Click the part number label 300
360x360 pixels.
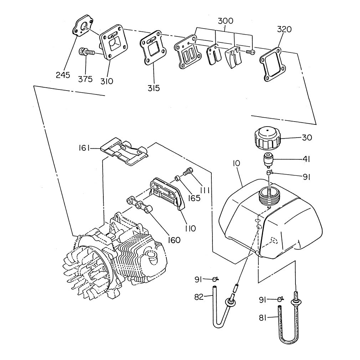[225, 21]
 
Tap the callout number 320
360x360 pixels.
[284, 29]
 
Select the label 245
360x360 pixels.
[63, 74]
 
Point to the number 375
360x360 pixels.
[86, 79]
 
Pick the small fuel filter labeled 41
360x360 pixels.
[269, 160]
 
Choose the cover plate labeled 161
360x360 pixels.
[125, 152]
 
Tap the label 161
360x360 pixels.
[84, 148]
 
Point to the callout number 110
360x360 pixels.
[190, 228]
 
